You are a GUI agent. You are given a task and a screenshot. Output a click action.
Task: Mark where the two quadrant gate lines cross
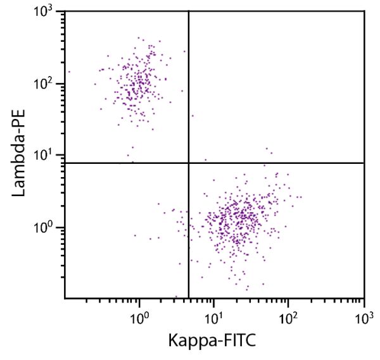[x=189, y=163]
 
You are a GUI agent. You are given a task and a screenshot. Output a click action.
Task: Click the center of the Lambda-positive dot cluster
[x=136, y=79]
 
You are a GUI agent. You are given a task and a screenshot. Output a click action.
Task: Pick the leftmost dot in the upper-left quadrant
[x=69, y=71]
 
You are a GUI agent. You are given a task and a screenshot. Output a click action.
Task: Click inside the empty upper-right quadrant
[x=279, y=82]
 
